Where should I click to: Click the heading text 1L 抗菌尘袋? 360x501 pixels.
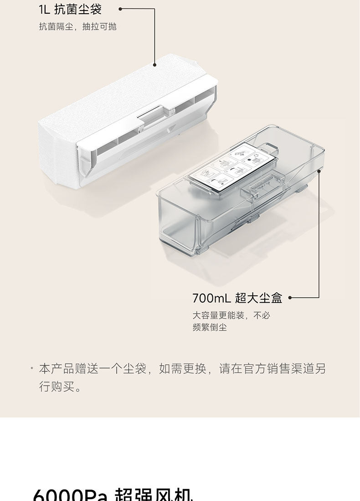pyautogui.click(x=70, y=9)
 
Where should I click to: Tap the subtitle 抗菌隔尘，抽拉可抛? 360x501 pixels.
pyautogui.click(x=77, y=26)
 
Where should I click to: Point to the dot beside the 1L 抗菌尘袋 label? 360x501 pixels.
pyautogui.click(x=120, y=9)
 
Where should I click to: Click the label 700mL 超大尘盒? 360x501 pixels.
pyautogui.click(x=237, y=298)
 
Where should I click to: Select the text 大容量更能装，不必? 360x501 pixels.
pyautogui.click(x=231, y=315)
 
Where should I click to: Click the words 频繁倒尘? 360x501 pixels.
pyautogui.click(x=209, y=327)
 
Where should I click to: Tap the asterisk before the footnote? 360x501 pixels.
pyautogui.click(x=32, y=369)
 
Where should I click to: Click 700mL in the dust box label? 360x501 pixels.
pyautogui.click(x=212, y=298)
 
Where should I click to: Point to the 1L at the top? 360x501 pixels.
pyautogui.click(x=45, y=9)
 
